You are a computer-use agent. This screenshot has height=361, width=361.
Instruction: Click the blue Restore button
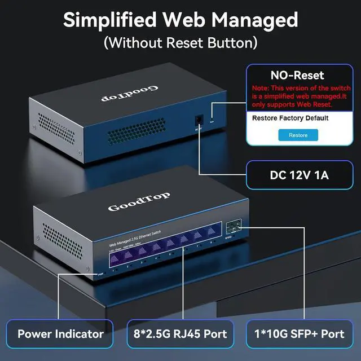tap(298, 135)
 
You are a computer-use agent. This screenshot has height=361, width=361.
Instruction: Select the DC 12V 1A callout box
tap(300, 175)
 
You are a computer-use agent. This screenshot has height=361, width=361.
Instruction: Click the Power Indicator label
tap(60, 333)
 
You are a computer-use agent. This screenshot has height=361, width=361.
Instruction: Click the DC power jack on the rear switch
tap(197, 121)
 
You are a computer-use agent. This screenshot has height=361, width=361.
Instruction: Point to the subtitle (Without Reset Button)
tap(180, 42)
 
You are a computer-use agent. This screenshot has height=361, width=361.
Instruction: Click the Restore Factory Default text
tap(290, 118)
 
